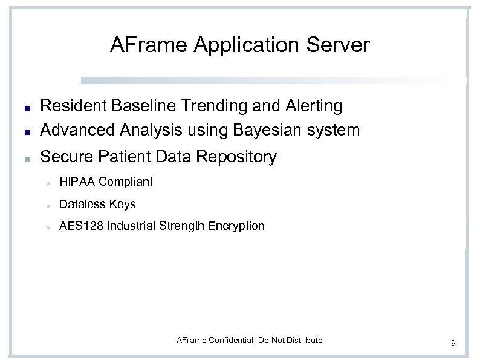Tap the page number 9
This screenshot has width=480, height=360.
pyautogui.click(x=453, y=344)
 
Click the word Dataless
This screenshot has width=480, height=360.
pyautogui.click(x=82, y=204)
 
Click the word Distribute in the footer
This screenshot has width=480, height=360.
pyautogui.click(x=303, y=340)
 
